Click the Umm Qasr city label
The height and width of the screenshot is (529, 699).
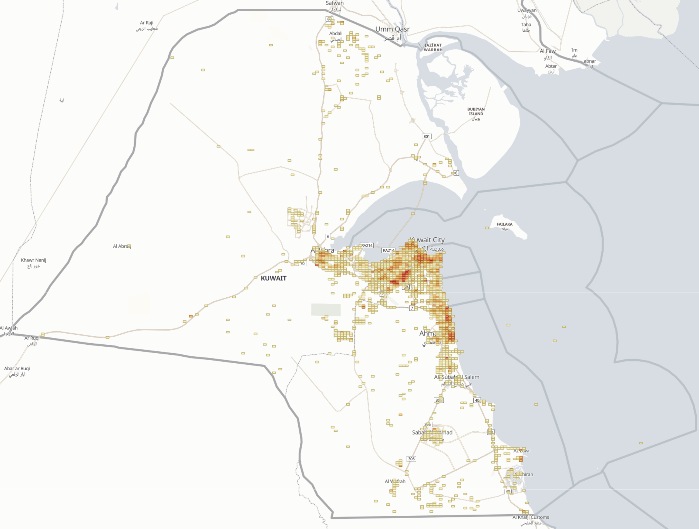[x=392, y=29]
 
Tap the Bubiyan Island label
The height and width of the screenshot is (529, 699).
[x=476, y=112]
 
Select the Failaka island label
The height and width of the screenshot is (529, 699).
[x=504, y=224]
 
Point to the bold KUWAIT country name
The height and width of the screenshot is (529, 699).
[x=274, y=278]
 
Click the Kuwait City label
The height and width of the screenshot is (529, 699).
[x=427, y=240]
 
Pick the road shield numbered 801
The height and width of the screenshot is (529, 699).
[x=427, y=136]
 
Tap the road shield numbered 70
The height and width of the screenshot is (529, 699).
[x=302, y=264]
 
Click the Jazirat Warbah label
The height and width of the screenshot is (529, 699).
[x=433, y=47]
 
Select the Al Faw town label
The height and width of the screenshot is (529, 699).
[x=548, y=51]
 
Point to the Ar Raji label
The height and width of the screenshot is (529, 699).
[x=147, y=23]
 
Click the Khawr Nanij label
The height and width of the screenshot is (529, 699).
[x=33, y=260]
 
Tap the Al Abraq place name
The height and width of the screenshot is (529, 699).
[x=122, y=246]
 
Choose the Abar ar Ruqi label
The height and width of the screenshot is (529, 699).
[x=17, y=369]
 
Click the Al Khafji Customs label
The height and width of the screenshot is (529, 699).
[x=531, y=517]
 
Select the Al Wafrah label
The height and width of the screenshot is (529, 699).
[x=395, y=481]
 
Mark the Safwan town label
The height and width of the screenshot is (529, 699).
[x=335, y=3]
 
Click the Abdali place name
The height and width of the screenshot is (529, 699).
[x=336, y=33]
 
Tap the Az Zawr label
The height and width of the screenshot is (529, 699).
[x=522, y=451]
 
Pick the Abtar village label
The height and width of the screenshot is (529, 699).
[x=551, y=66]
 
